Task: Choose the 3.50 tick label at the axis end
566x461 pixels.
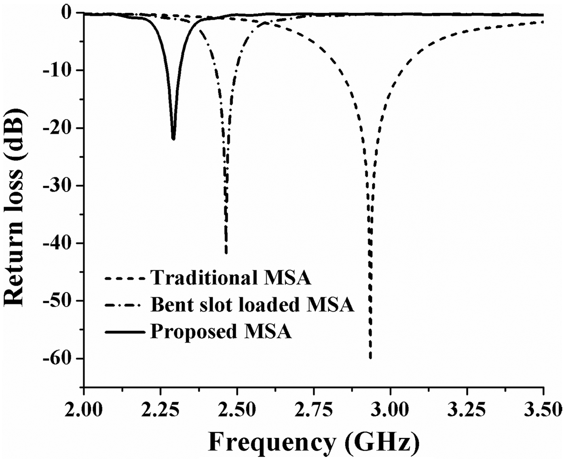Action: point(544,410)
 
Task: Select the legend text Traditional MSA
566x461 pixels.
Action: point(231,278)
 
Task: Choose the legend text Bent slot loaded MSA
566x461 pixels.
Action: point(252,305)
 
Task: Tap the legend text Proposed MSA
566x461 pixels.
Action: point(221,331)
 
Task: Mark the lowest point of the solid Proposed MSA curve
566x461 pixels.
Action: point(173,139)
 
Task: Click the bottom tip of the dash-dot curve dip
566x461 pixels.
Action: point(226,253)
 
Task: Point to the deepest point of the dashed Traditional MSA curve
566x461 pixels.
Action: point(370,358)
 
